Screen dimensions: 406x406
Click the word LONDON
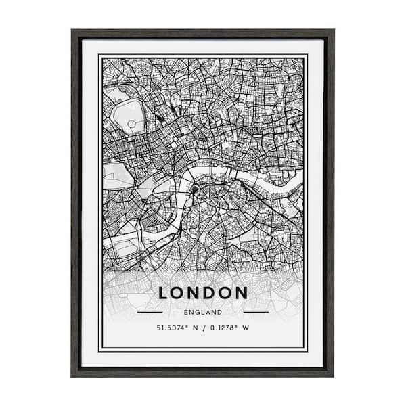[203, 293]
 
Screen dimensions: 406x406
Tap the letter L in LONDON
[163, 293]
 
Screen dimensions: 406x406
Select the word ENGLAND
[203, 313]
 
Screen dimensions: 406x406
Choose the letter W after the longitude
[246, 329]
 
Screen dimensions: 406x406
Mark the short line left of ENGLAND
[150, 313]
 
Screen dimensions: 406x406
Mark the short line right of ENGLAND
[256, 313]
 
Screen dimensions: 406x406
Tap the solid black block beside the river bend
[195, 190]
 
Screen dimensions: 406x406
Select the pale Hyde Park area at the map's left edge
[115, 175]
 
